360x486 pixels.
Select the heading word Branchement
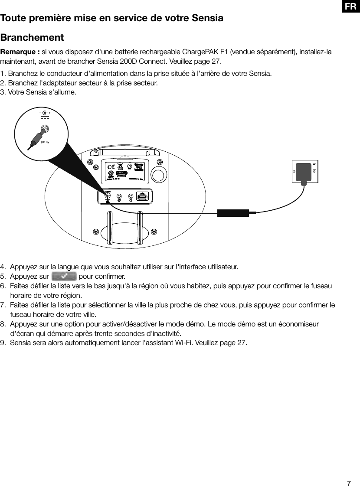[32, 37]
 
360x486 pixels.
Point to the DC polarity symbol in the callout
[45, 114]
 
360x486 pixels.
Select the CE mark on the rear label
[111, 167]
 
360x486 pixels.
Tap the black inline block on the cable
[233, 213]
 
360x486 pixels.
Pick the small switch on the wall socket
[314, 166]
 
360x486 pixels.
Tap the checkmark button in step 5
[64, 276]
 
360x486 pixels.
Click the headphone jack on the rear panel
[131, 197]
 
